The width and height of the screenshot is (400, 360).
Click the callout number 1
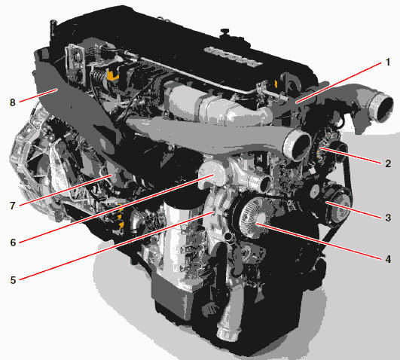pyautogui.click(x=387, y=63)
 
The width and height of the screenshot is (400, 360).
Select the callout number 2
pyautogui.click(x=388, y=163)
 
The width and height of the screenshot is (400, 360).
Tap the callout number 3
pyautogui.click(x=388, y=218)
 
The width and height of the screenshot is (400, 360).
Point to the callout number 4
pyautogui.click(x=388, y=259)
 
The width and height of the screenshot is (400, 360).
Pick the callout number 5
pyautogui.click(x=13, y=280)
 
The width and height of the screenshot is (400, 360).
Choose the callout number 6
pyautogui.click(x=13, y=243)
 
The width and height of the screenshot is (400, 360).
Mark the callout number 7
pyautogui.click(x=13, y=206)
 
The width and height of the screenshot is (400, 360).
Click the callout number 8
pyautogui.click(x=13, y=102)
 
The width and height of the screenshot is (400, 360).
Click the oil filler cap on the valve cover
pyautogui.click(x=224, y=33)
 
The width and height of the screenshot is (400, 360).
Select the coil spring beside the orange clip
pyautogui.click(x=98, y=75)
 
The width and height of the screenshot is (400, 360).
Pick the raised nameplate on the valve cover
pyautogui.click(x=234, y=56)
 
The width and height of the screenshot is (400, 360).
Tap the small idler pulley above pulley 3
pyautogui.click(x=315, y=189)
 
